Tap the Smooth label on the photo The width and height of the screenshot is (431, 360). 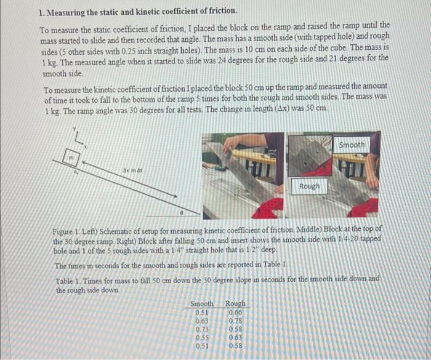352,145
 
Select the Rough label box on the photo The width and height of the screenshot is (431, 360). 309,186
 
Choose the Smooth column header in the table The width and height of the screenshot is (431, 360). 202,303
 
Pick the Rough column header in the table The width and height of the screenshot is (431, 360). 235,303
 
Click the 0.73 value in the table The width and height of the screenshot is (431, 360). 202,329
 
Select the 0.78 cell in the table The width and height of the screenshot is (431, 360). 235,320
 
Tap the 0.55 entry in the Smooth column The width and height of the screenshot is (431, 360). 202,337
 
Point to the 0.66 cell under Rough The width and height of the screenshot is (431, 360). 235,312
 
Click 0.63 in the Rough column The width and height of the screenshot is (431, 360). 235,337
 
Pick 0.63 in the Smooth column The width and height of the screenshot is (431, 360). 202,320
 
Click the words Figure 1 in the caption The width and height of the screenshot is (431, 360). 67,228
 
